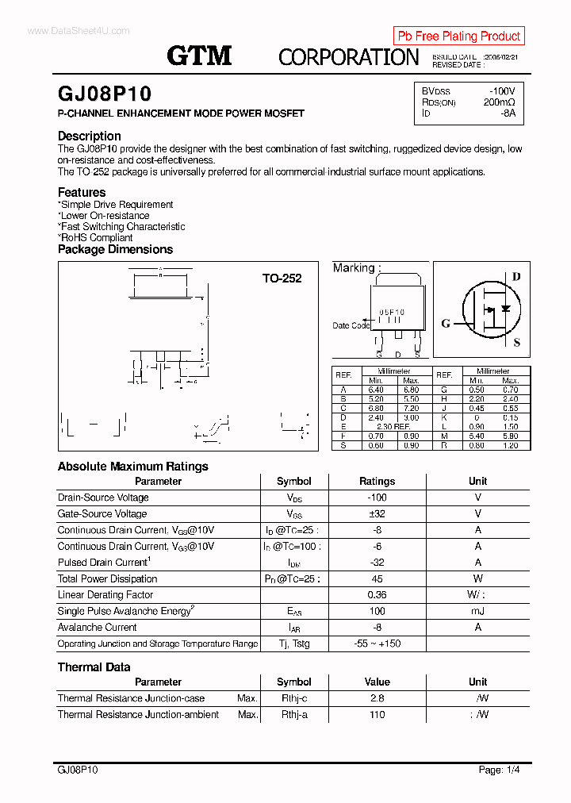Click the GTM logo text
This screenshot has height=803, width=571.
click(199, 55)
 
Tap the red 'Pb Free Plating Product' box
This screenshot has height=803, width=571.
click(458, 36)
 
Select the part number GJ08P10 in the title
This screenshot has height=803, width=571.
click(105, 94)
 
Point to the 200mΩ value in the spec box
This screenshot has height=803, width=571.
click(499, 102)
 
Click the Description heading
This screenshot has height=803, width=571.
click(90, 136)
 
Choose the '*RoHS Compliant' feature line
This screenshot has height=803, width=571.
click(95, 237)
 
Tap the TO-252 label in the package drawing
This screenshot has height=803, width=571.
click(282, 279)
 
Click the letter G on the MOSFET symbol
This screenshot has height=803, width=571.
click(446, 323)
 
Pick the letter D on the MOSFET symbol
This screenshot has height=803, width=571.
click(515, 277)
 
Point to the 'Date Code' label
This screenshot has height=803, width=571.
click(351, 325)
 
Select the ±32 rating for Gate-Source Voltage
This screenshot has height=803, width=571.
click(377, 514)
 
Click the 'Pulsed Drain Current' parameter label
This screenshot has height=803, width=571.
click(104, 563)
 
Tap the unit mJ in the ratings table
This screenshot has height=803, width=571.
click(477, 611)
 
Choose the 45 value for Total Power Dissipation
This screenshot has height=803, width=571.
click(377, 578)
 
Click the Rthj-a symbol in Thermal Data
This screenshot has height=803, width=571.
click(293, 715)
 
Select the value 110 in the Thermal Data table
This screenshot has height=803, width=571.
click(377, 715)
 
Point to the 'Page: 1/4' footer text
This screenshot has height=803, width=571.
click(500, 770)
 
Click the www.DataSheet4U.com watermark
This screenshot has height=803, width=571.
click(67, 31)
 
